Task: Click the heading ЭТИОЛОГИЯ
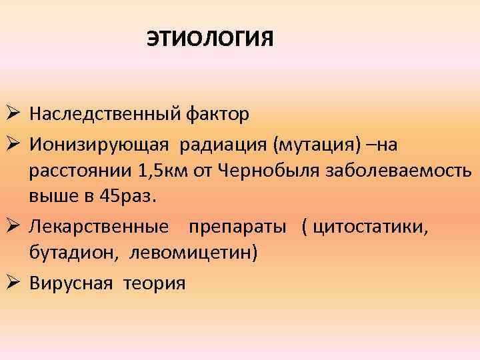tap(210, 39)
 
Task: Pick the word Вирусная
tap(71, 283)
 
